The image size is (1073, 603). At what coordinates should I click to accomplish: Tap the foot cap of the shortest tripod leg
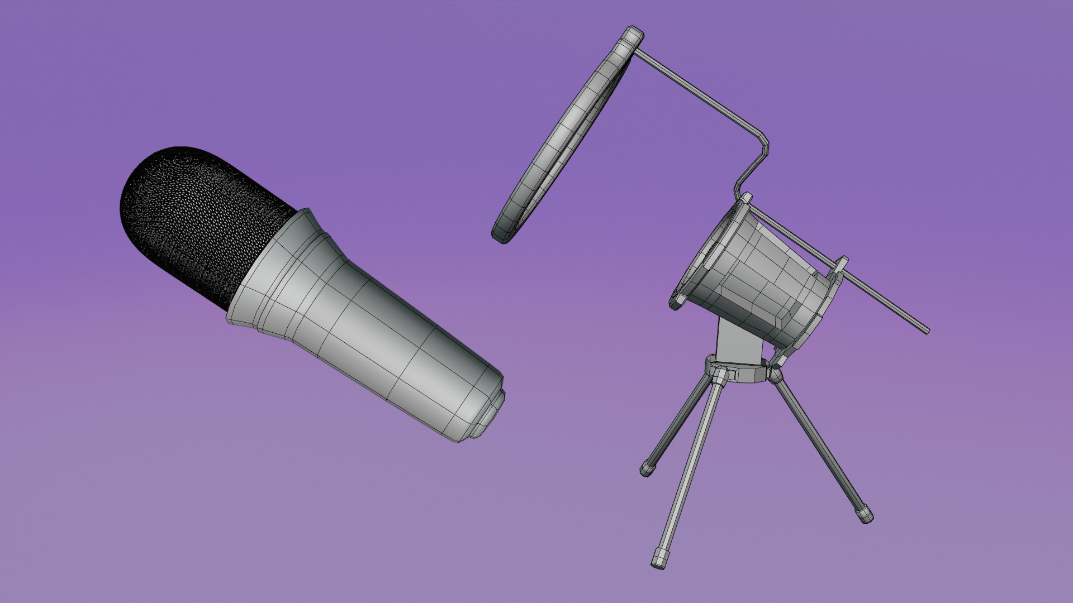pyautogui.click(x=647, y=468)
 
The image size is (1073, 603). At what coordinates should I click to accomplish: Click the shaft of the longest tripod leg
pyautogui.click(x=690, y=469)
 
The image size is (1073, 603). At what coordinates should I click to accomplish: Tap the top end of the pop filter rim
pyautogui.click(x=634, y=33)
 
